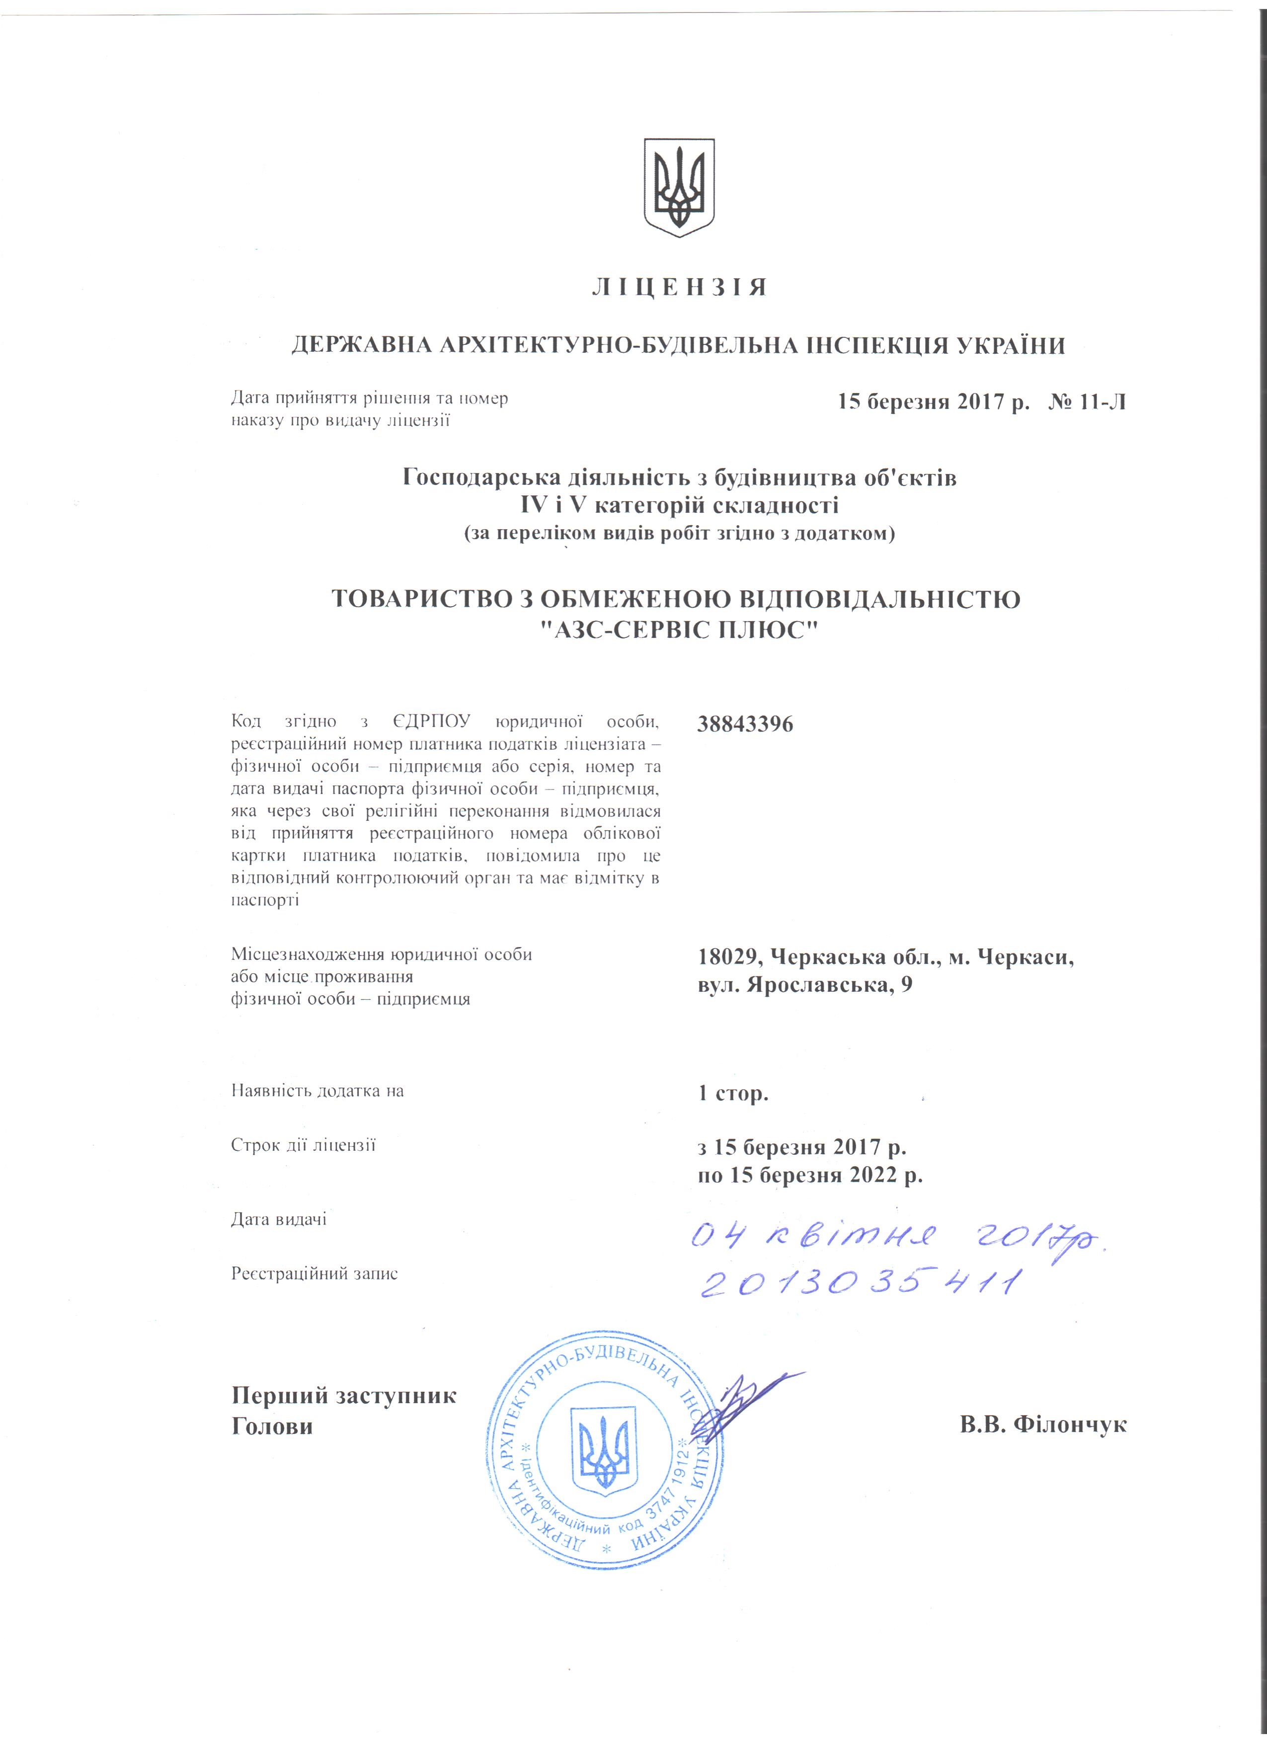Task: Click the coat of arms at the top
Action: [x=678, y=187]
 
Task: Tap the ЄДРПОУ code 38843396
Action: [x=745, y=724]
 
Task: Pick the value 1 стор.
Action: [x=733, y=1093]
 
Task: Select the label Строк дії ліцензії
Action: [x=303, y=1146]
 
